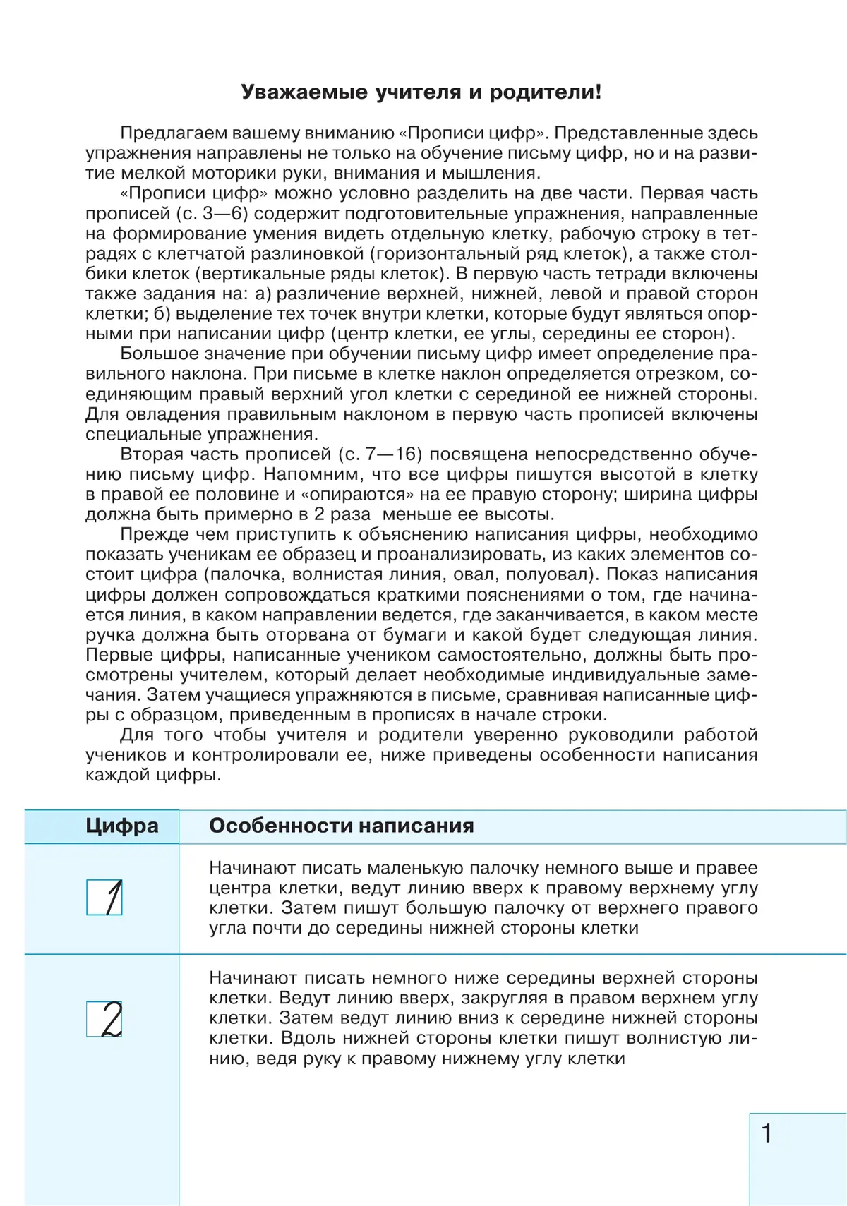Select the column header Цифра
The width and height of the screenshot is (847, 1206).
122,826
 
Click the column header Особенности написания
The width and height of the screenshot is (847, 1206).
341,826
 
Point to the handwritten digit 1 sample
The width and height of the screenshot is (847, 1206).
105,898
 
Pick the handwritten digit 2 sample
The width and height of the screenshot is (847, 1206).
105,1019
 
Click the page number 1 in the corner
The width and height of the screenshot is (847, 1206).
767,1134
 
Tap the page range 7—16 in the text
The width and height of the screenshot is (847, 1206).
391,454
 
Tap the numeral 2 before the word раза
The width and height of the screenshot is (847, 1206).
319,514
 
